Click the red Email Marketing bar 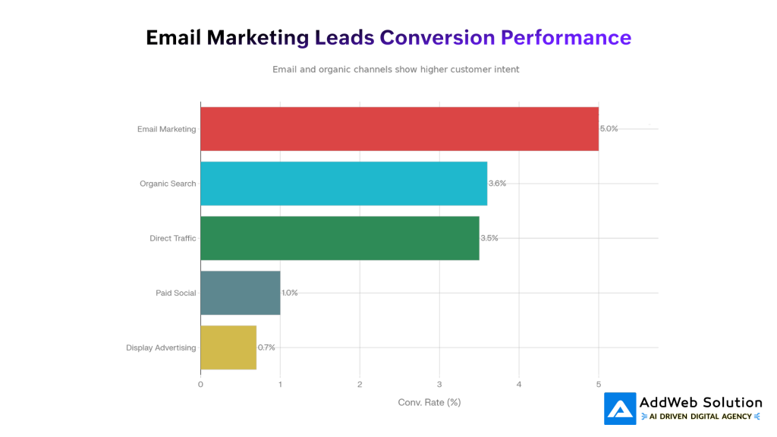(399, 129)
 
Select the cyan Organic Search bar (344, 184)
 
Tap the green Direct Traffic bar (339, 238)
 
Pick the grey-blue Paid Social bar (240, 293)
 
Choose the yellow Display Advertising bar (228, 347)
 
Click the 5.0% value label (609, 129)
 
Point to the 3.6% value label (497, 184)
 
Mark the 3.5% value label (489, 238)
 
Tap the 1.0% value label (289, 293)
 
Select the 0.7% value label (266, 347)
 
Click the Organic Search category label (168, 184)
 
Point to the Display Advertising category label (161, 347)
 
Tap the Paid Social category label (175, 293)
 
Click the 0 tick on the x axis (200, 384)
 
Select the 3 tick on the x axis (439, 384)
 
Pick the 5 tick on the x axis (599, 384)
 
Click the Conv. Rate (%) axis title (429, 402)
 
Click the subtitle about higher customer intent (395, 69)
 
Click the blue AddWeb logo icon (620, 409)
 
